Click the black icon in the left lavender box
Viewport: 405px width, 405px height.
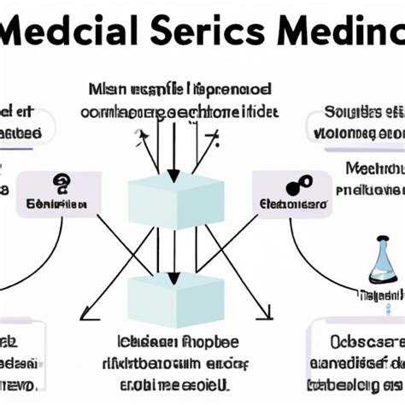click(x=61, y=185)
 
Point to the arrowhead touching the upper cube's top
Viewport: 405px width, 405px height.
click(x=173, y=177)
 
